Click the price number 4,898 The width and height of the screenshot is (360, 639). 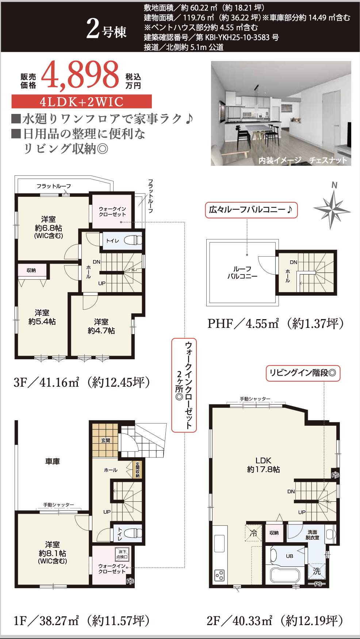(x=80, y=75)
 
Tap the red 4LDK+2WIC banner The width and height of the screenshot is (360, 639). (x=81, y=102)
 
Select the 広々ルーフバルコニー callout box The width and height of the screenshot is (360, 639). (x=251, y=210)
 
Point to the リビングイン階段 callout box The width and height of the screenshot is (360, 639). (x=303, y=373)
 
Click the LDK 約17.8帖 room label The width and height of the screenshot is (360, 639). (x=263, y=465)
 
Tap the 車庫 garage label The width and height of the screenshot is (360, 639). (x=52, y=462)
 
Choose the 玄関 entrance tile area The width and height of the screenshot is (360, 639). (x=105, y=440)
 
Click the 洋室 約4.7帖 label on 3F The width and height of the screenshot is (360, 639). (x=101, y=326)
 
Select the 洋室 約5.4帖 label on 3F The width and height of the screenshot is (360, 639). (x=42, y=317)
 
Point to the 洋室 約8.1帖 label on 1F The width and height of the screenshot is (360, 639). (x=52, y=552)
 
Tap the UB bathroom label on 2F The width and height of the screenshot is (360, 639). (x=289, y=556)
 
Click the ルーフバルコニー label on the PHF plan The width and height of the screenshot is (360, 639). (x=242, y=272)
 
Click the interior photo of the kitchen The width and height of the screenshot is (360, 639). (x=281, y=113)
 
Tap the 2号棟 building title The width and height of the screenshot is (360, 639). (x=107, y=29)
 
